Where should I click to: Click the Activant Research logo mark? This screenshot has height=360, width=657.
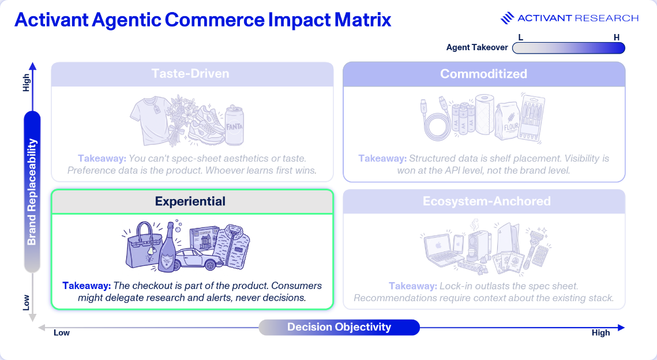pyautogui.click(x=507, y=18)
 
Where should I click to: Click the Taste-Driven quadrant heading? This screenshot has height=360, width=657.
pyautogui.click(x=190, y=74)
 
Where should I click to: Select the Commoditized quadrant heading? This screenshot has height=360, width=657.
pyautogui.click(x=483, y=74)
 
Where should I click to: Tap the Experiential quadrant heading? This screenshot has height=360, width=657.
pyautogui.click(x=190, y=201)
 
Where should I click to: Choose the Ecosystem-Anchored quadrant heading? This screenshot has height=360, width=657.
pyautogui.click(x=486, y=201)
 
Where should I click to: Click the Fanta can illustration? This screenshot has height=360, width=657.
pyautogui.click(x=234, y=125)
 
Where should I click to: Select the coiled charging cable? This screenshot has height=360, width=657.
pyautogui.click(x=436, y=120)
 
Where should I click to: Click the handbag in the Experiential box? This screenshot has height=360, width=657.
pyautogui.click(x=142, y=246)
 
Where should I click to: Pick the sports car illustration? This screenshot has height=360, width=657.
pyautogui.click(x=198, y=258)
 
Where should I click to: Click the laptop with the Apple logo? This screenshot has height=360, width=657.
pyautogui.click(x=440, y=250)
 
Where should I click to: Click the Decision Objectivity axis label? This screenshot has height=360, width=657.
pyautogui.click(x=339, y=327)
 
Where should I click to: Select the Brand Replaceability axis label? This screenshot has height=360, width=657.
pyautogui.click(x=32, y=192)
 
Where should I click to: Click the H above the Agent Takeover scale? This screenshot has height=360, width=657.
pyautogui.click(x=617, y=37)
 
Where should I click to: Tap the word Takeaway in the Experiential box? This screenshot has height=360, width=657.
pyautogui.click(x=87, y=286)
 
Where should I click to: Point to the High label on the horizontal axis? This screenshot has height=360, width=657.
pyautogui.click(x=600, y=333)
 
